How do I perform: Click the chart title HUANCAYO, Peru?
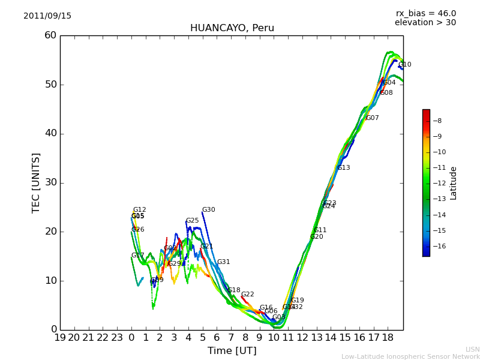tap(232, 28)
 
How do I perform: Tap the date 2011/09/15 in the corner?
tap(47, 16)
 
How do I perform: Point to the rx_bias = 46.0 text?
tap(425, 14)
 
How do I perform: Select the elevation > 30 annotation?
tap(425, 23)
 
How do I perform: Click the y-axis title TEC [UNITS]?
tap(36, 182)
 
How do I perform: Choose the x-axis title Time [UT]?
tap(232, 350)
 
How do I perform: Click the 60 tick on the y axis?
tap(50, 35)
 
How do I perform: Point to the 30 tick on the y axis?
tap(50, 182)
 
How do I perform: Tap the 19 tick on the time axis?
tap(60, 338)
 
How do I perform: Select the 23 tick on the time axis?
tap(117, 338)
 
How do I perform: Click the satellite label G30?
tap(208, 210)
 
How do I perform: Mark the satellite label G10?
tap(405, 65)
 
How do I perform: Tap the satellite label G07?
tap(373, 118)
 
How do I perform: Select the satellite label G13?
tap(344, 168)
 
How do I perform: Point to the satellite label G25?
tap(192, 221)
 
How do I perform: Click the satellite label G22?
tap(248, 295)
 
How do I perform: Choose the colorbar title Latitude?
tap(454, 182)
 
